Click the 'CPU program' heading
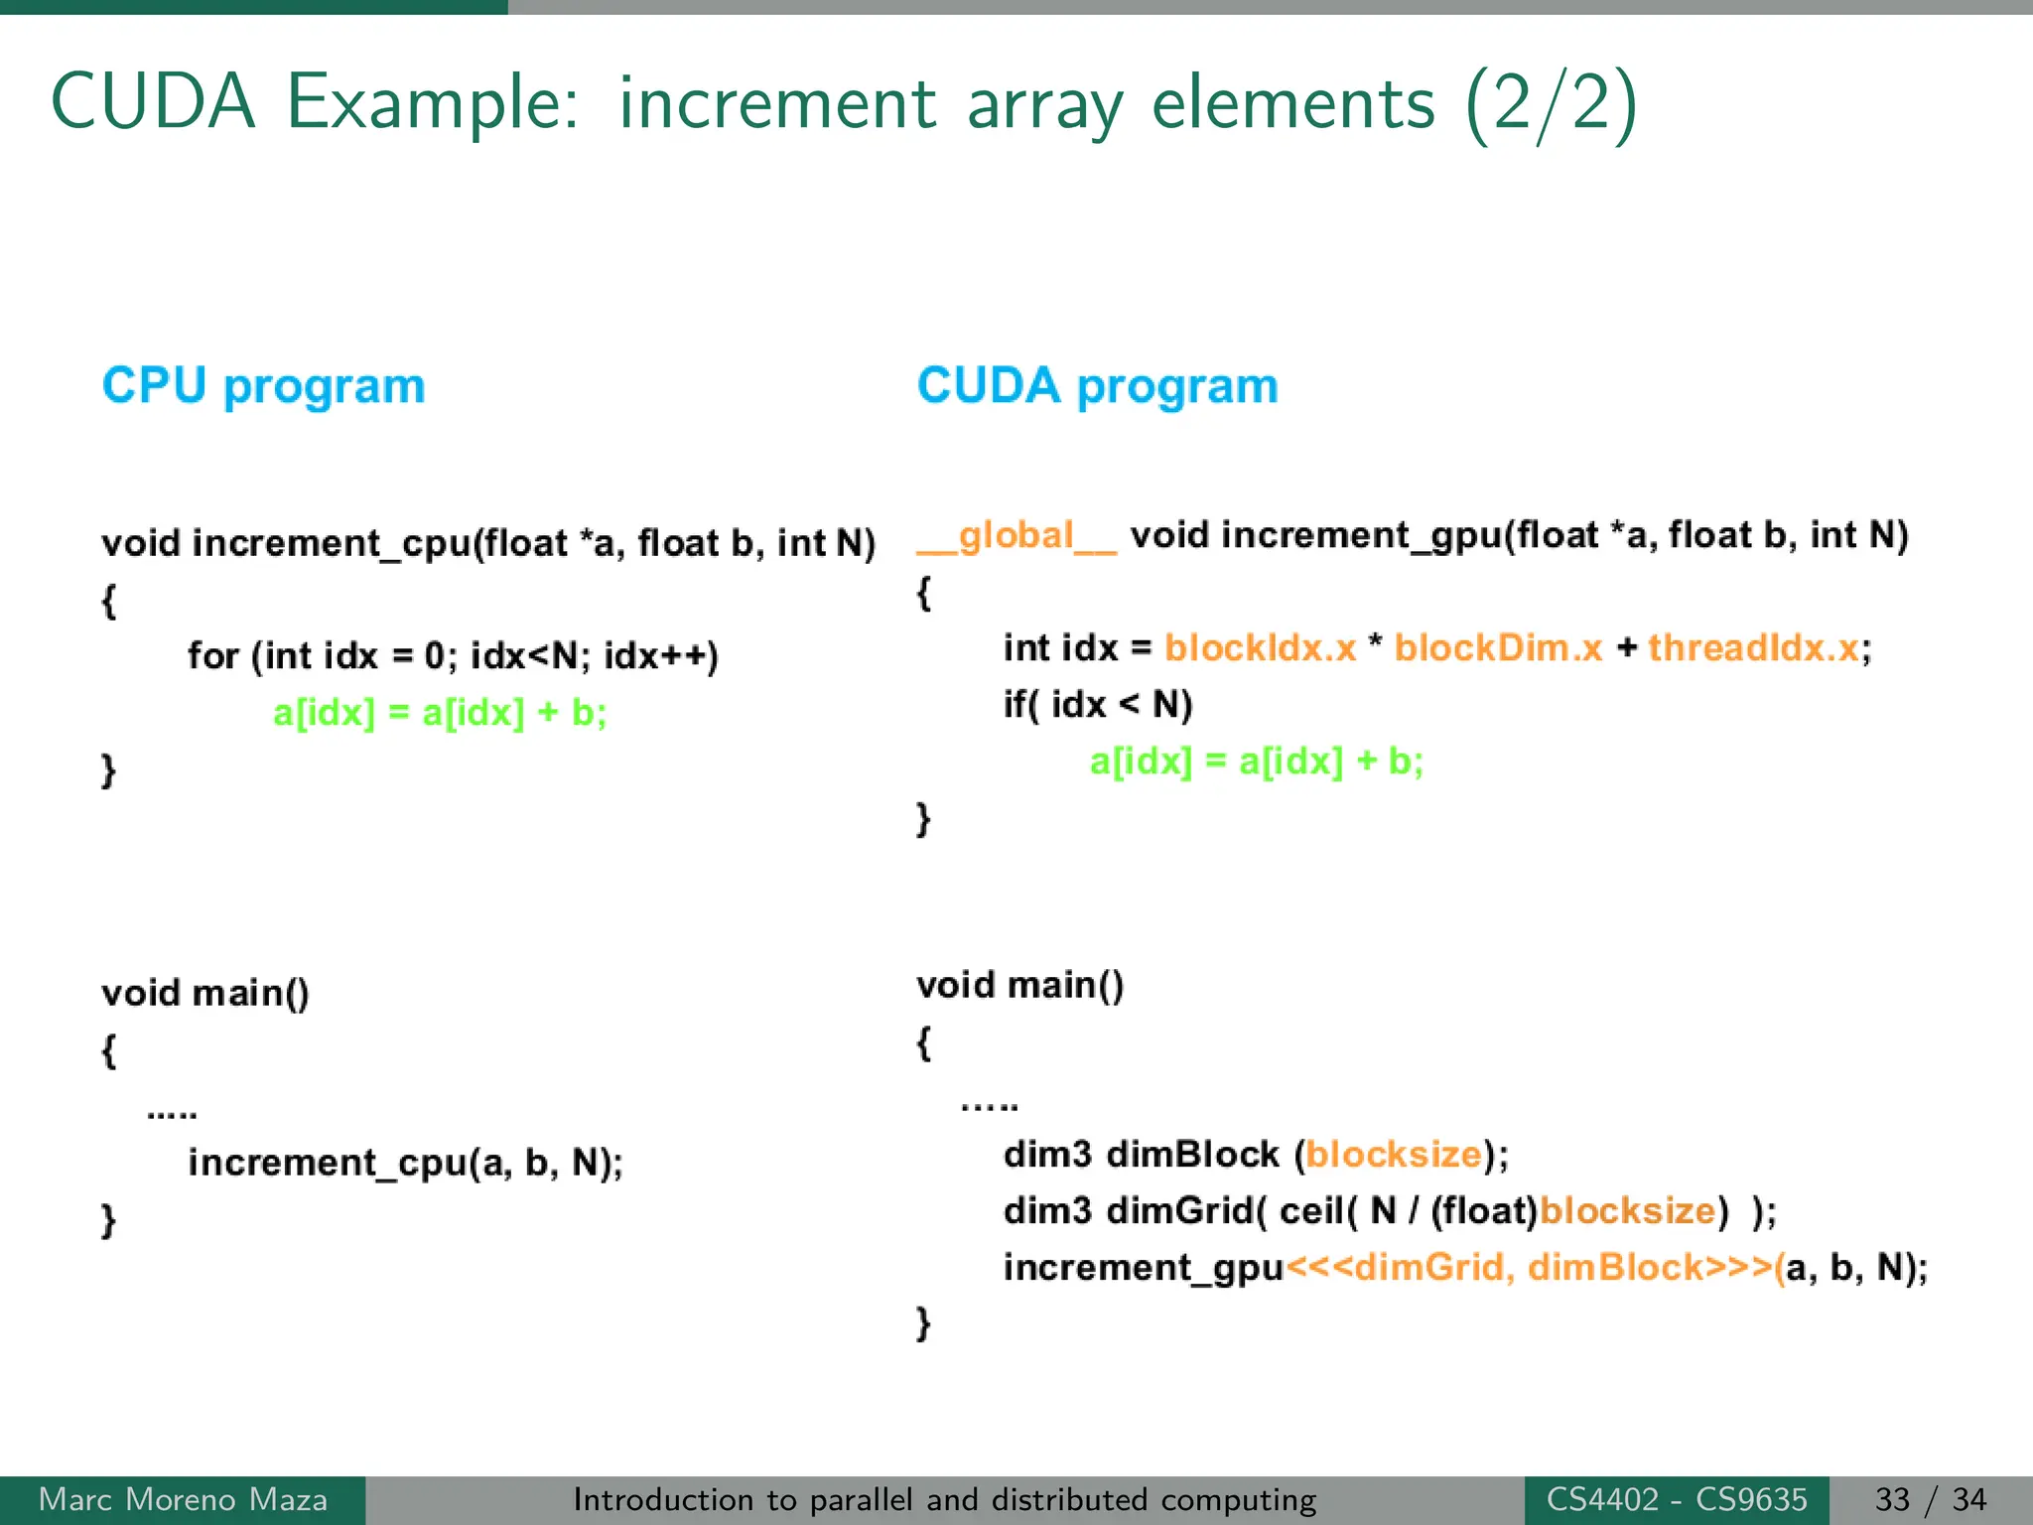(263, 386)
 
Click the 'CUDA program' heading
(1097, 386)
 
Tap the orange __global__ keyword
(1016, 537)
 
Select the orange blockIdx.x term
(1260, 648)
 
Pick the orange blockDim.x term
(1498, 648)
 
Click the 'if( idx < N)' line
(1097, 705)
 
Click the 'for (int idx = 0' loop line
(453, 656)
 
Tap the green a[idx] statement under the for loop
(440, 713)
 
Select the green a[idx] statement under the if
(1256, 762)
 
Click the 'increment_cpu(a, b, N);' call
(405, 1163)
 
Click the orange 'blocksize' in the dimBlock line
(1394, 1155)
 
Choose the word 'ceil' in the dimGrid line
(1310, 1211)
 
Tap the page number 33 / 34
(1930, 1499)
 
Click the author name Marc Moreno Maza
(183, 1499)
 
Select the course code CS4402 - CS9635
(1677, 1499)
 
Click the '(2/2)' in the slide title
(1551, 103)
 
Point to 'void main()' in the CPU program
(205, 993)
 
